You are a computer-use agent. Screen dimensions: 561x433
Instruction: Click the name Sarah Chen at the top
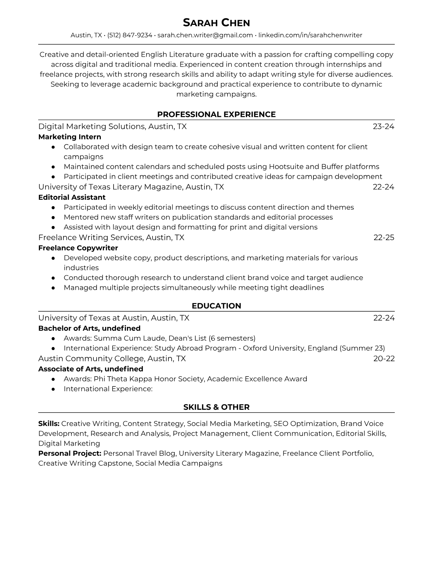coord(216,23)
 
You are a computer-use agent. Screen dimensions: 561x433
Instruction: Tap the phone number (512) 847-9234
coord(129,35)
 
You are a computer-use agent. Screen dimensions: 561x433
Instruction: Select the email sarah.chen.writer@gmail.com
coord(205,35)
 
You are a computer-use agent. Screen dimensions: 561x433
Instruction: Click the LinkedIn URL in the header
coord(310,35)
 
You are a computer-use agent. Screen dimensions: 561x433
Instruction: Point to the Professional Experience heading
coord(216,114)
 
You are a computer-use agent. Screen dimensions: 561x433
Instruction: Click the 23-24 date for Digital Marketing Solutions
coord(383,126)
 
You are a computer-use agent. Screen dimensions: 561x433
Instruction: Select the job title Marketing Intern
coord(70,137)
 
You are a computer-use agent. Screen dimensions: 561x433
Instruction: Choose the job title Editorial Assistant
coord(72,197)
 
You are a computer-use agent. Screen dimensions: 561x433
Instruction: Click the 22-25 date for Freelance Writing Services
coord(384,237)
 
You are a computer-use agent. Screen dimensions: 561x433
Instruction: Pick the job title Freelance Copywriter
coord(78,248)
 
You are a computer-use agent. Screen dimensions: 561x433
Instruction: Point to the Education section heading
coord(216,306)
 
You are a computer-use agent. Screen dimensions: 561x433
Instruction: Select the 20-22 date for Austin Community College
coord(384,358)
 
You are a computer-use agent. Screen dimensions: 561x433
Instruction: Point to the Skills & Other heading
coord(216,407)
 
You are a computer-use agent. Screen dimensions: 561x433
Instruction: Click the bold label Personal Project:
coord(70,453)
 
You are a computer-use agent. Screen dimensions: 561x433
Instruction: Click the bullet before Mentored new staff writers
coord(53,217)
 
